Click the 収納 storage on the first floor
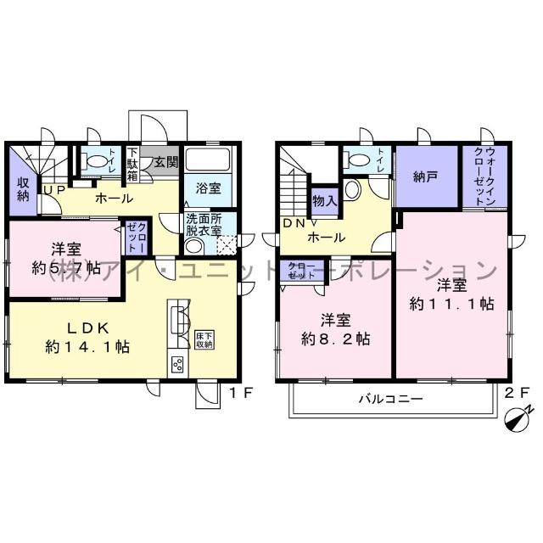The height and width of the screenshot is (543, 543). (x=23, y=188)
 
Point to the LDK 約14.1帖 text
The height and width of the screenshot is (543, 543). (x=87, y=337)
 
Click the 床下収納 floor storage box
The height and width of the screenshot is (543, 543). (x=204, y=339)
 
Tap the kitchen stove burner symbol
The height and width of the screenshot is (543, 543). (x=179, y=365)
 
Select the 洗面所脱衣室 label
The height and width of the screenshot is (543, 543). (x=204, y=224)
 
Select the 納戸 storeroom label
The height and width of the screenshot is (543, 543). (x=426, y=177)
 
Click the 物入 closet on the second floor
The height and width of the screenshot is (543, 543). (x=324, y=202)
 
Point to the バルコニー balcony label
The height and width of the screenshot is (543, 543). (x=389, y=399)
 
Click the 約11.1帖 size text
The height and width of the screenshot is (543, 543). (x=451, y=305)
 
